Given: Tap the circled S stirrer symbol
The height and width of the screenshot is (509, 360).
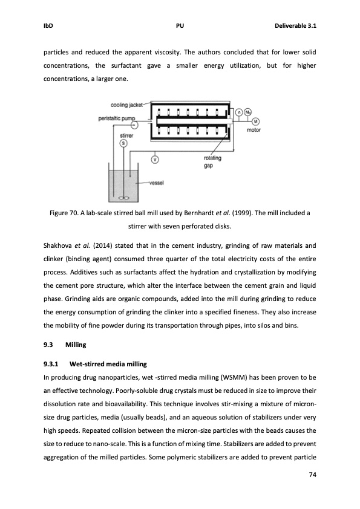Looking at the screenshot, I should pos(123,143).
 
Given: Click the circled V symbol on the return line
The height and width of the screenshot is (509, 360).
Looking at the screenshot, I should pos(155,160).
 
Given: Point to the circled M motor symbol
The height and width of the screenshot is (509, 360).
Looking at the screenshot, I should pos(255,120).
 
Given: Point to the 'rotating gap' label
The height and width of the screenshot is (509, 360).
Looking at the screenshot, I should pos(213,161).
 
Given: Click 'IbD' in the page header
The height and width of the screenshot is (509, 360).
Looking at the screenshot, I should pos(48,26).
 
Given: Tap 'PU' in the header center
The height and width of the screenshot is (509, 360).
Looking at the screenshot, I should pos(180,26).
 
